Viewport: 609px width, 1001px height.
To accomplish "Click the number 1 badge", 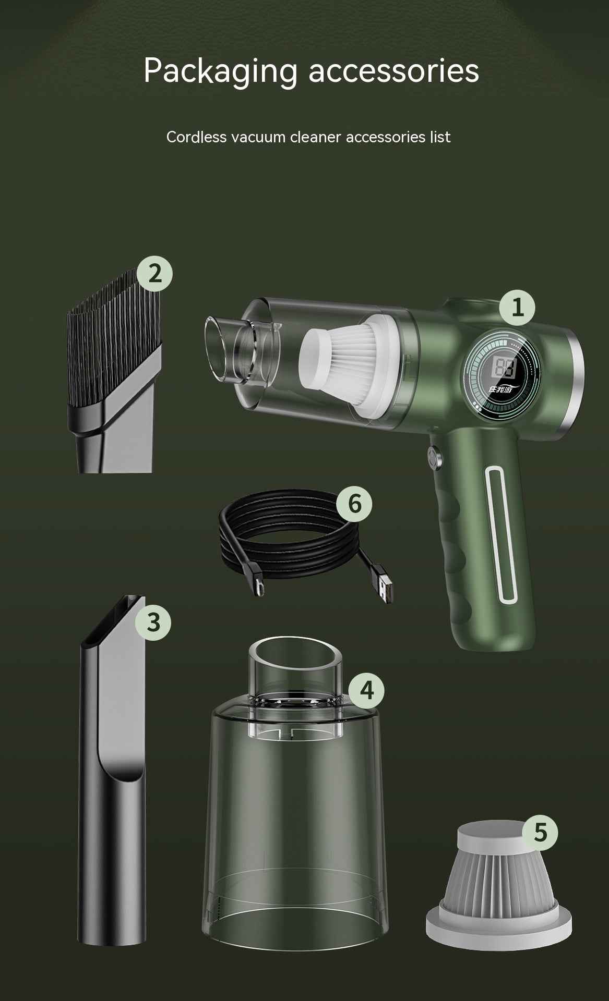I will tap(517, 308).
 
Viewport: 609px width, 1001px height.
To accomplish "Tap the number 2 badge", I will tap(154, 274).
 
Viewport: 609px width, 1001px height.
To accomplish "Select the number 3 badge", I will tap(153, 622).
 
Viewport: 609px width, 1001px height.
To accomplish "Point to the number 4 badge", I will tap(366, 691).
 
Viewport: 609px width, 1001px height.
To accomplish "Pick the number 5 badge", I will tap(540, 833).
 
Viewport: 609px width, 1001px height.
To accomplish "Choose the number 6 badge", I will tap(354, 504).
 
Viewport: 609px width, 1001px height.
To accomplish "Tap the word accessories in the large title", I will tap(393, 71).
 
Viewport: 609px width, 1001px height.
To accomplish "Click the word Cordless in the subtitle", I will tap(196, 137).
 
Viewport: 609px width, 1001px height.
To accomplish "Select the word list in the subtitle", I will tap(440, 137).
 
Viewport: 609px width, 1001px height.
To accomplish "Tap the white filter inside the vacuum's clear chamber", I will tap(347, 365).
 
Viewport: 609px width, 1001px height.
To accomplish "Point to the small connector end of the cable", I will tap(259, 586).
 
